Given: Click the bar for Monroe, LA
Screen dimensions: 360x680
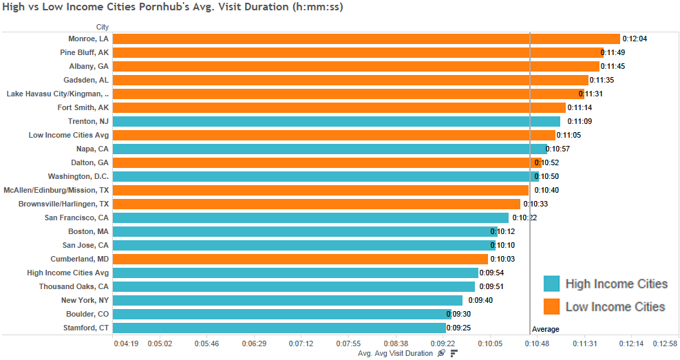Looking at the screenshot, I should click(365, 39).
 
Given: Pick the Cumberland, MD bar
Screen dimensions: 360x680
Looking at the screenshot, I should click(299, 259).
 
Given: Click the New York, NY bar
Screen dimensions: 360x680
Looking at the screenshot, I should click(286, 300).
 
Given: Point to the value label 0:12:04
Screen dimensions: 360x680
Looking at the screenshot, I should click(635, 39).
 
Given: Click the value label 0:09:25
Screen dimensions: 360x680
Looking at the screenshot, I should click(458, 328).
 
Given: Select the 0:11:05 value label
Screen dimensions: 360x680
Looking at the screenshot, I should click(569, 135).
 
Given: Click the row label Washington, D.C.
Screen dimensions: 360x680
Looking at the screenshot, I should click(78, 176).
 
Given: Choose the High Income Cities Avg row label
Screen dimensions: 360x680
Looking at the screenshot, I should click(67, 273).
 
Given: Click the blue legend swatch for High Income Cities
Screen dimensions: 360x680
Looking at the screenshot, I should click(551, 284).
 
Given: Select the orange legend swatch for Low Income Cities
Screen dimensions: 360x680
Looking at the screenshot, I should click(551, 306).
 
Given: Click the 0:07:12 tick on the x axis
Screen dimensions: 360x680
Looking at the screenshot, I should click(301, 343).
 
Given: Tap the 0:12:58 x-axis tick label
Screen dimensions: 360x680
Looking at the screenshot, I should click(665, 343).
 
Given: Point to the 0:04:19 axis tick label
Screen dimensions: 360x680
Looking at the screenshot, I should click(127, 343).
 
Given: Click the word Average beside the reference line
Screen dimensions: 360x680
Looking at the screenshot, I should click(546, 329).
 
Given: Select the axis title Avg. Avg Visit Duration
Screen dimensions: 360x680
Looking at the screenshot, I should click(396, 353).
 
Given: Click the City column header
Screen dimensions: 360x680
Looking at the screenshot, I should click(103, 27).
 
